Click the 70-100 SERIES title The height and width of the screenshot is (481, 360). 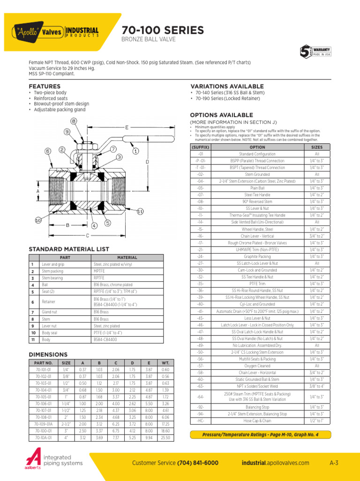pos(163,31)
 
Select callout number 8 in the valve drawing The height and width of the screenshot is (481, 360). pos(74,121)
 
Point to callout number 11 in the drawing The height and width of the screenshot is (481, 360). pos(140,212)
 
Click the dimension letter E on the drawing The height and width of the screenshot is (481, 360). pos(127,127)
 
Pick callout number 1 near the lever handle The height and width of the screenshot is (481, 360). pos(135,151)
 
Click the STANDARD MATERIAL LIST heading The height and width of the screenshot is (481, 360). pos(69,249)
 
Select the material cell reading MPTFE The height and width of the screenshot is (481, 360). pos(99,271)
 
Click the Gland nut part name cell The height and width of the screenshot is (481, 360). pos(49,312)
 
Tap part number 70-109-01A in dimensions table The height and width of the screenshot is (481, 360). pos(44,424)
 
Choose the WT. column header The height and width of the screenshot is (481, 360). pos(165,363)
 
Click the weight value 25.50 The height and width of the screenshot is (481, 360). pos(165,437)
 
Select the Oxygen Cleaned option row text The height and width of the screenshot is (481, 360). pos(257,365)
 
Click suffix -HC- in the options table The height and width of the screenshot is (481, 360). pos(200,421)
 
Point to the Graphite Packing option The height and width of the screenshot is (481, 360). pos(257,257)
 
